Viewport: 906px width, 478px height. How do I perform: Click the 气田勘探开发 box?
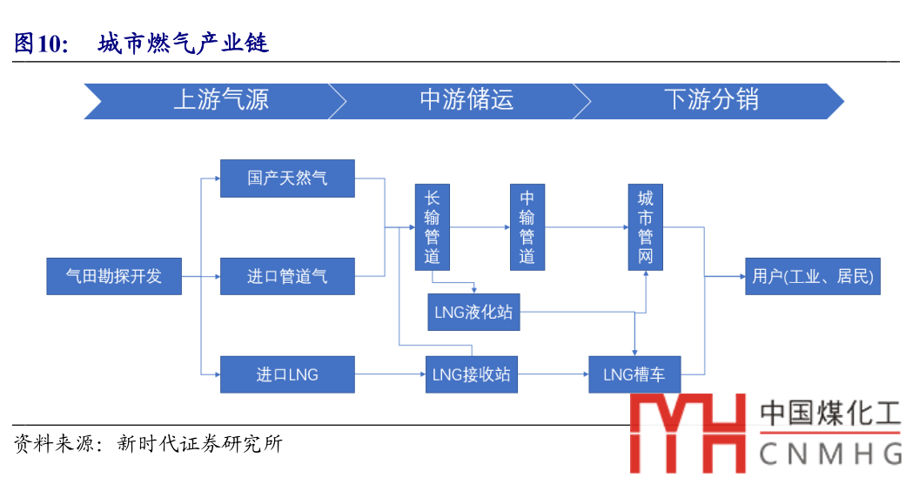click(x=114, y=276)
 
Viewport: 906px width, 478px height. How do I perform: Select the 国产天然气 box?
click(x=287, y=178)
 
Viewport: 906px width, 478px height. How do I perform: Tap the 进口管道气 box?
click(x=287, y=276)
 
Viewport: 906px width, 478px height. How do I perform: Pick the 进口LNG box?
click(x=287, y=374)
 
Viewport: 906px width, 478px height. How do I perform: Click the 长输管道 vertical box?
click(x=433, y=227)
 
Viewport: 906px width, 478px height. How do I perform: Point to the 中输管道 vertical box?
click(x=527, y=227)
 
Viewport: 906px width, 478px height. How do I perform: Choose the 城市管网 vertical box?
click(x=646, y=227)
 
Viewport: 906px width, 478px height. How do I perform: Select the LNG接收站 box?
click(x=471, y=374)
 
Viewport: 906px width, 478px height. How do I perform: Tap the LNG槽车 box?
click(x=634, y=374)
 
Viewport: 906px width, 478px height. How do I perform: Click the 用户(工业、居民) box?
click(x=812, y=276)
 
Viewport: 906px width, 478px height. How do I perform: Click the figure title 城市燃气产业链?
click(x=184, y=43)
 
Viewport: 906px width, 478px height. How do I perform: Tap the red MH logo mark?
click(x=688, y=433)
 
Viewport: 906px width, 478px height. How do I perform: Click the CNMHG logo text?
click(x=830, y=454)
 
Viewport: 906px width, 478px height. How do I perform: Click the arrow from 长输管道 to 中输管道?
click(x=480, y=228)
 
